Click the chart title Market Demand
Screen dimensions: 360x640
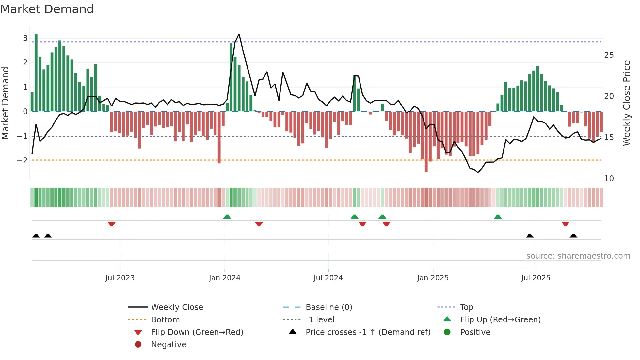(x=47, y=9)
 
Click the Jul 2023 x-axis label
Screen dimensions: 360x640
(x=120, y=278)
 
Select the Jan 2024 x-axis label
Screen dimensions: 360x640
(x=225, y=278)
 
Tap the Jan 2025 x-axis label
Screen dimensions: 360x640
(x=433, y=278)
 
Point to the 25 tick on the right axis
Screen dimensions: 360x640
(x=609, y=55)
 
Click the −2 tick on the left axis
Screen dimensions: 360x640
(x=22, y=160)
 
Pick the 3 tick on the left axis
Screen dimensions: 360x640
(x=25, y=38)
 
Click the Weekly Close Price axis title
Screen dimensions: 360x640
(x=626, y=103)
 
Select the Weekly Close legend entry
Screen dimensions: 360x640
(x=177, y=307)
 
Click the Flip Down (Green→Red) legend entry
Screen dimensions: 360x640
(x=197, y=332)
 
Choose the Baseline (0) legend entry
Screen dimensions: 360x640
(x=328, y=307)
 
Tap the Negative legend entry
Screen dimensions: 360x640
(x=168, y=345)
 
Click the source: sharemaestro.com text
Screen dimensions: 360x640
(x=578, y=256)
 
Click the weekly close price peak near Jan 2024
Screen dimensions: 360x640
(x=239, y=34)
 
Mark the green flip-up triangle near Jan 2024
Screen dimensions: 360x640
(x=227, y=217)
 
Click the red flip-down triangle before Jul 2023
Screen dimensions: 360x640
(x=112, y=224)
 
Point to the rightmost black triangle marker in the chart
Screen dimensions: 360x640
(x=573, y=236)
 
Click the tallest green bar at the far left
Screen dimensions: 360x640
(x=36, y=35)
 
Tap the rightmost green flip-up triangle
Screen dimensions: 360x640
(x=498, y=217)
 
